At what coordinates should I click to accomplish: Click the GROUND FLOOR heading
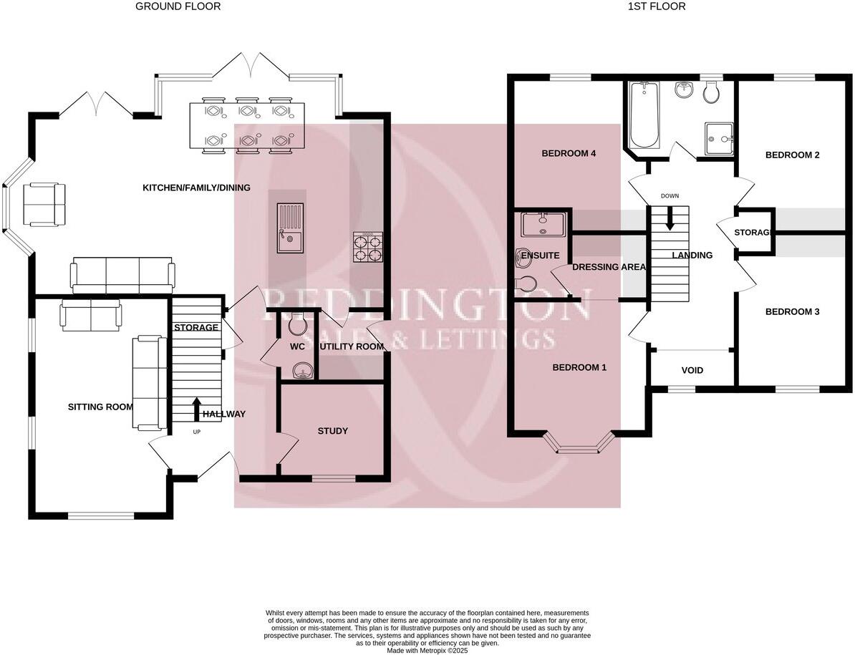coord(178,6)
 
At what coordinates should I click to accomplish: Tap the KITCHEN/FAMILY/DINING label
coord(196,188)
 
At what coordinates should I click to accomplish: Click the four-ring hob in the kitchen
coord(368,248)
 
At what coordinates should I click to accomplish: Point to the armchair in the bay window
coord(44,203)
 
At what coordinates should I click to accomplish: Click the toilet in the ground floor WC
coord(297,325)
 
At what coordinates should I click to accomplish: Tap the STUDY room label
coord(332,431)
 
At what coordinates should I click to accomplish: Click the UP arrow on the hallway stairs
coord(197,410)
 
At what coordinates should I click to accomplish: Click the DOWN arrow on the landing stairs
coord(670,218)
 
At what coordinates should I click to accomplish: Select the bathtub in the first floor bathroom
coord(643,115)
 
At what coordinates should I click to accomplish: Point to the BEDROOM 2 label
coord(792,155)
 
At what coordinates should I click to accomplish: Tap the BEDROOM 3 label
coord(792,312)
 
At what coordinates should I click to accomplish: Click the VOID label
coord(692,371)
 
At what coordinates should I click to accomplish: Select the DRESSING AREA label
coord(609,267)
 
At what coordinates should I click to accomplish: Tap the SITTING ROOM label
coord(100,407)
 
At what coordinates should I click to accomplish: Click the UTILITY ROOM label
coord(351,346)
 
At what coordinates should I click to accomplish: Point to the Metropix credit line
coord(427,650)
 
